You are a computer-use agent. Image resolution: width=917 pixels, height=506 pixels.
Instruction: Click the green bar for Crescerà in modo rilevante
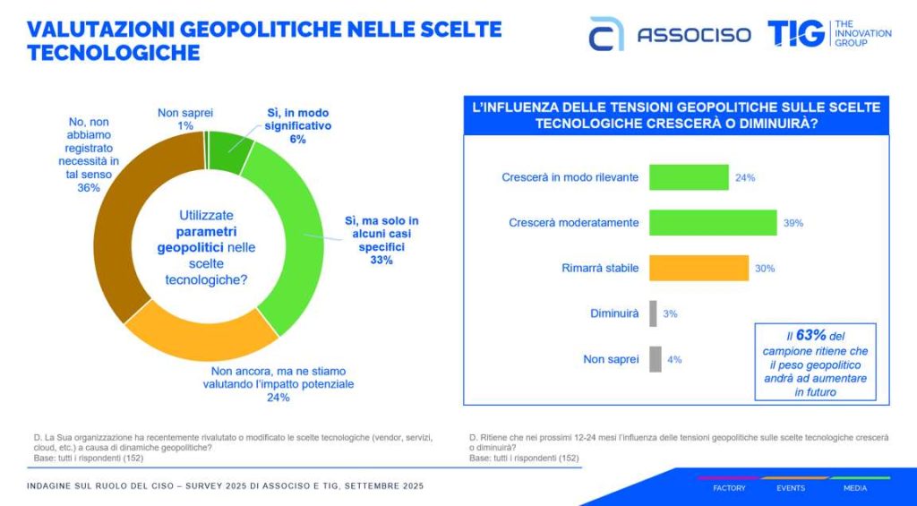click(x=688, y=177)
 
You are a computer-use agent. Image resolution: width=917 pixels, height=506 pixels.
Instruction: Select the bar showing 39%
click(x=712, y=222)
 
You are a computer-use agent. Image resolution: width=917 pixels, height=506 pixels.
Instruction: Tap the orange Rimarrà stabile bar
click(x=698, y=268)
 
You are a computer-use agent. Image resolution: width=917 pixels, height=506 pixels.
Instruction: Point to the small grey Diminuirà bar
click(x=653, y=313)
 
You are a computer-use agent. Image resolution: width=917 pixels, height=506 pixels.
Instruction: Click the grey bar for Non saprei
click(x=655, y=359)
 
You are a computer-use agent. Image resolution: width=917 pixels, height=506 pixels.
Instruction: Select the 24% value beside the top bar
click(x=745, y=177)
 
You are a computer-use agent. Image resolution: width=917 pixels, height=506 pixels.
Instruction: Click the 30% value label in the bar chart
click(x=765, y=268)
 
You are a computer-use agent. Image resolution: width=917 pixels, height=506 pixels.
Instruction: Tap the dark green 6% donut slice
click(x=229, y=151)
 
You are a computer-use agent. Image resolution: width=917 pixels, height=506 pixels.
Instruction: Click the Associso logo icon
click(x=606, y=34)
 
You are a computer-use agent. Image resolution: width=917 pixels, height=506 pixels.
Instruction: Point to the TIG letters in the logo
click(x=795, y=33)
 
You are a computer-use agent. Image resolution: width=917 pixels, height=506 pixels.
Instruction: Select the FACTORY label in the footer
click(x=729, y=488)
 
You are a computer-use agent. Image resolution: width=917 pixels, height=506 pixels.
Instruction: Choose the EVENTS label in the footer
click(x=790, y=488)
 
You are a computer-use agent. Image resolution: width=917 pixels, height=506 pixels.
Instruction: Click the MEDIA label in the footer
click(x=854, y=488)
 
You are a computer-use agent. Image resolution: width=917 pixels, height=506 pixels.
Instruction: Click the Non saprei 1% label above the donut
click(x=185, y=119)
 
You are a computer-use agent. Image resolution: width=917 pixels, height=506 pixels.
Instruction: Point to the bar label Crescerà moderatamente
click(x=573, y=222)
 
